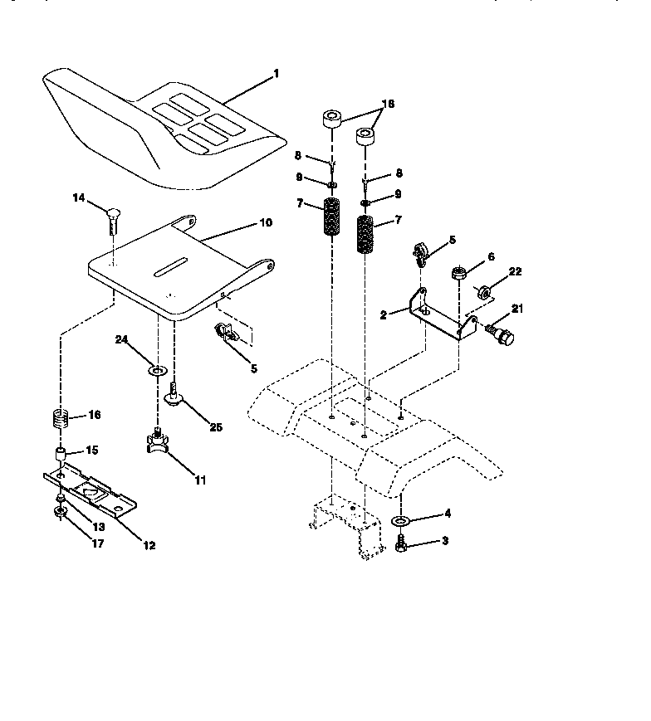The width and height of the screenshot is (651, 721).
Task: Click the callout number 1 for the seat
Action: (x=276, y=74)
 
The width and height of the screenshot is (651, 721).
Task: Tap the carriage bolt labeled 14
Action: (x=113, y=217)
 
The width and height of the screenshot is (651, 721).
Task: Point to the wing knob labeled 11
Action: (x=157, y=443)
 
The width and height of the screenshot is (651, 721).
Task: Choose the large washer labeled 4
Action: (x=400, y=521)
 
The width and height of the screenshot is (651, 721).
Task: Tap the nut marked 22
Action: (x=481, y=291)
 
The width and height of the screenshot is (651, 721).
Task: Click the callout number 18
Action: (x=387, y=104)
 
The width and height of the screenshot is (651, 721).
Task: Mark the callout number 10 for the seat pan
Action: (x=265, y=223)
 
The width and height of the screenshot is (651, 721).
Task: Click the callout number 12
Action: (x=149, y=545)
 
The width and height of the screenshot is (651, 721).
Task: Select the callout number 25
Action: (x=216, y=428)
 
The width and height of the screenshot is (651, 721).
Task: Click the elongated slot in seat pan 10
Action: (x=170, y=266)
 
